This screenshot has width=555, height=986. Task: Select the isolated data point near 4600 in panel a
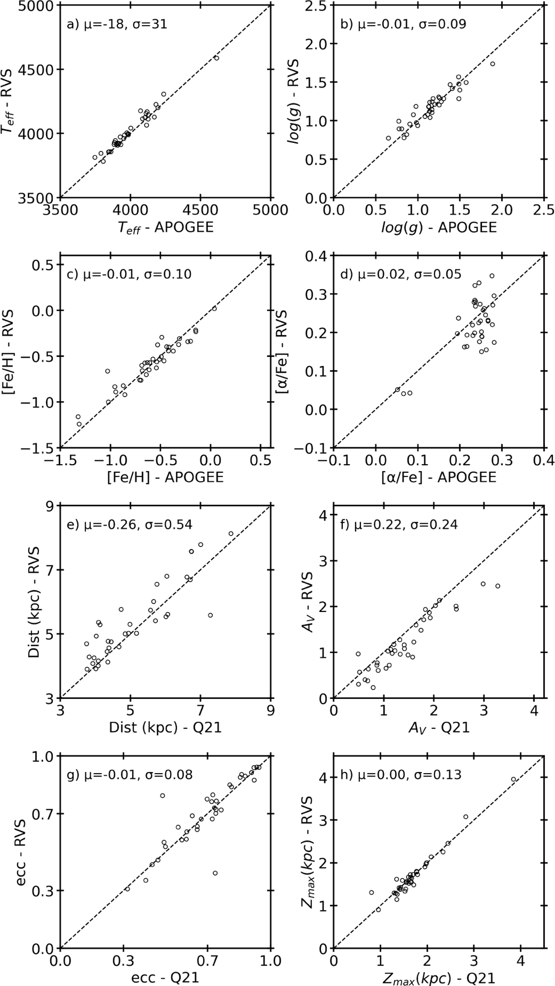(216, 58)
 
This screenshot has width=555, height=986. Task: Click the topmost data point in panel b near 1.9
(493, 64)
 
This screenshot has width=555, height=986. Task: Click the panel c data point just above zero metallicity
(214, 308)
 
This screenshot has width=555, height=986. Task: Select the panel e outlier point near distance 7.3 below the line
(210, 615)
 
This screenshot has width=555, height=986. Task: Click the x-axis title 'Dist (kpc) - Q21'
(165, 727)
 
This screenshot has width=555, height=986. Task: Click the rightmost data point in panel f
(498, 586)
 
